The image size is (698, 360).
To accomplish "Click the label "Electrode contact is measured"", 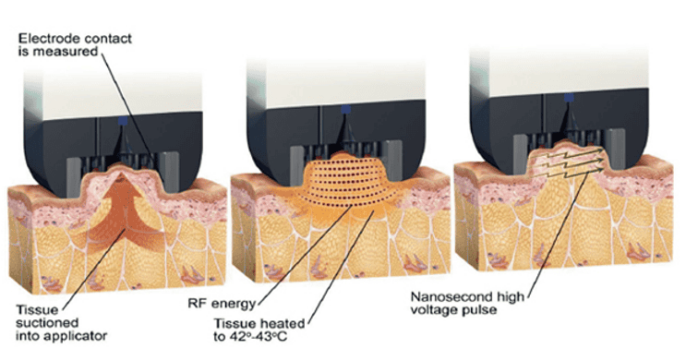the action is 75,45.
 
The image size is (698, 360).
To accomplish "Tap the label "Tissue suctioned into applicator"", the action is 62,322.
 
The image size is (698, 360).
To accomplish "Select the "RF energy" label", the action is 222,304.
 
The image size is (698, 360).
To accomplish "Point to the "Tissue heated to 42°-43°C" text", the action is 259,330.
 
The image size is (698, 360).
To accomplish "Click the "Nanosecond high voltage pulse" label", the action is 467,303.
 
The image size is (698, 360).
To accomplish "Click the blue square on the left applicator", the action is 124,121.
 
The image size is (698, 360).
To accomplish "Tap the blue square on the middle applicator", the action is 345,109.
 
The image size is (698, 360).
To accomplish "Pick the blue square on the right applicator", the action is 569,98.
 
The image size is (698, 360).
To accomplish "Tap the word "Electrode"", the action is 42,39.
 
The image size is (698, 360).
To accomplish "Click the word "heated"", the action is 282,323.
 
